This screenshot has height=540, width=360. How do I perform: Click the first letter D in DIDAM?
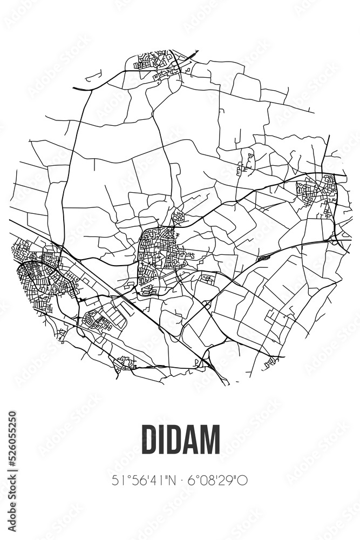[x=149, y=439]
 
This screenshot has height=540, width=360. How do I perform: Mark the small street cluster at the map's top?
[x=154, y=62]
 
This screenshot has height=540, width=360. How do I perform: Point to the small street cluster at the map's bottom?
[x=125, y=363]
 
